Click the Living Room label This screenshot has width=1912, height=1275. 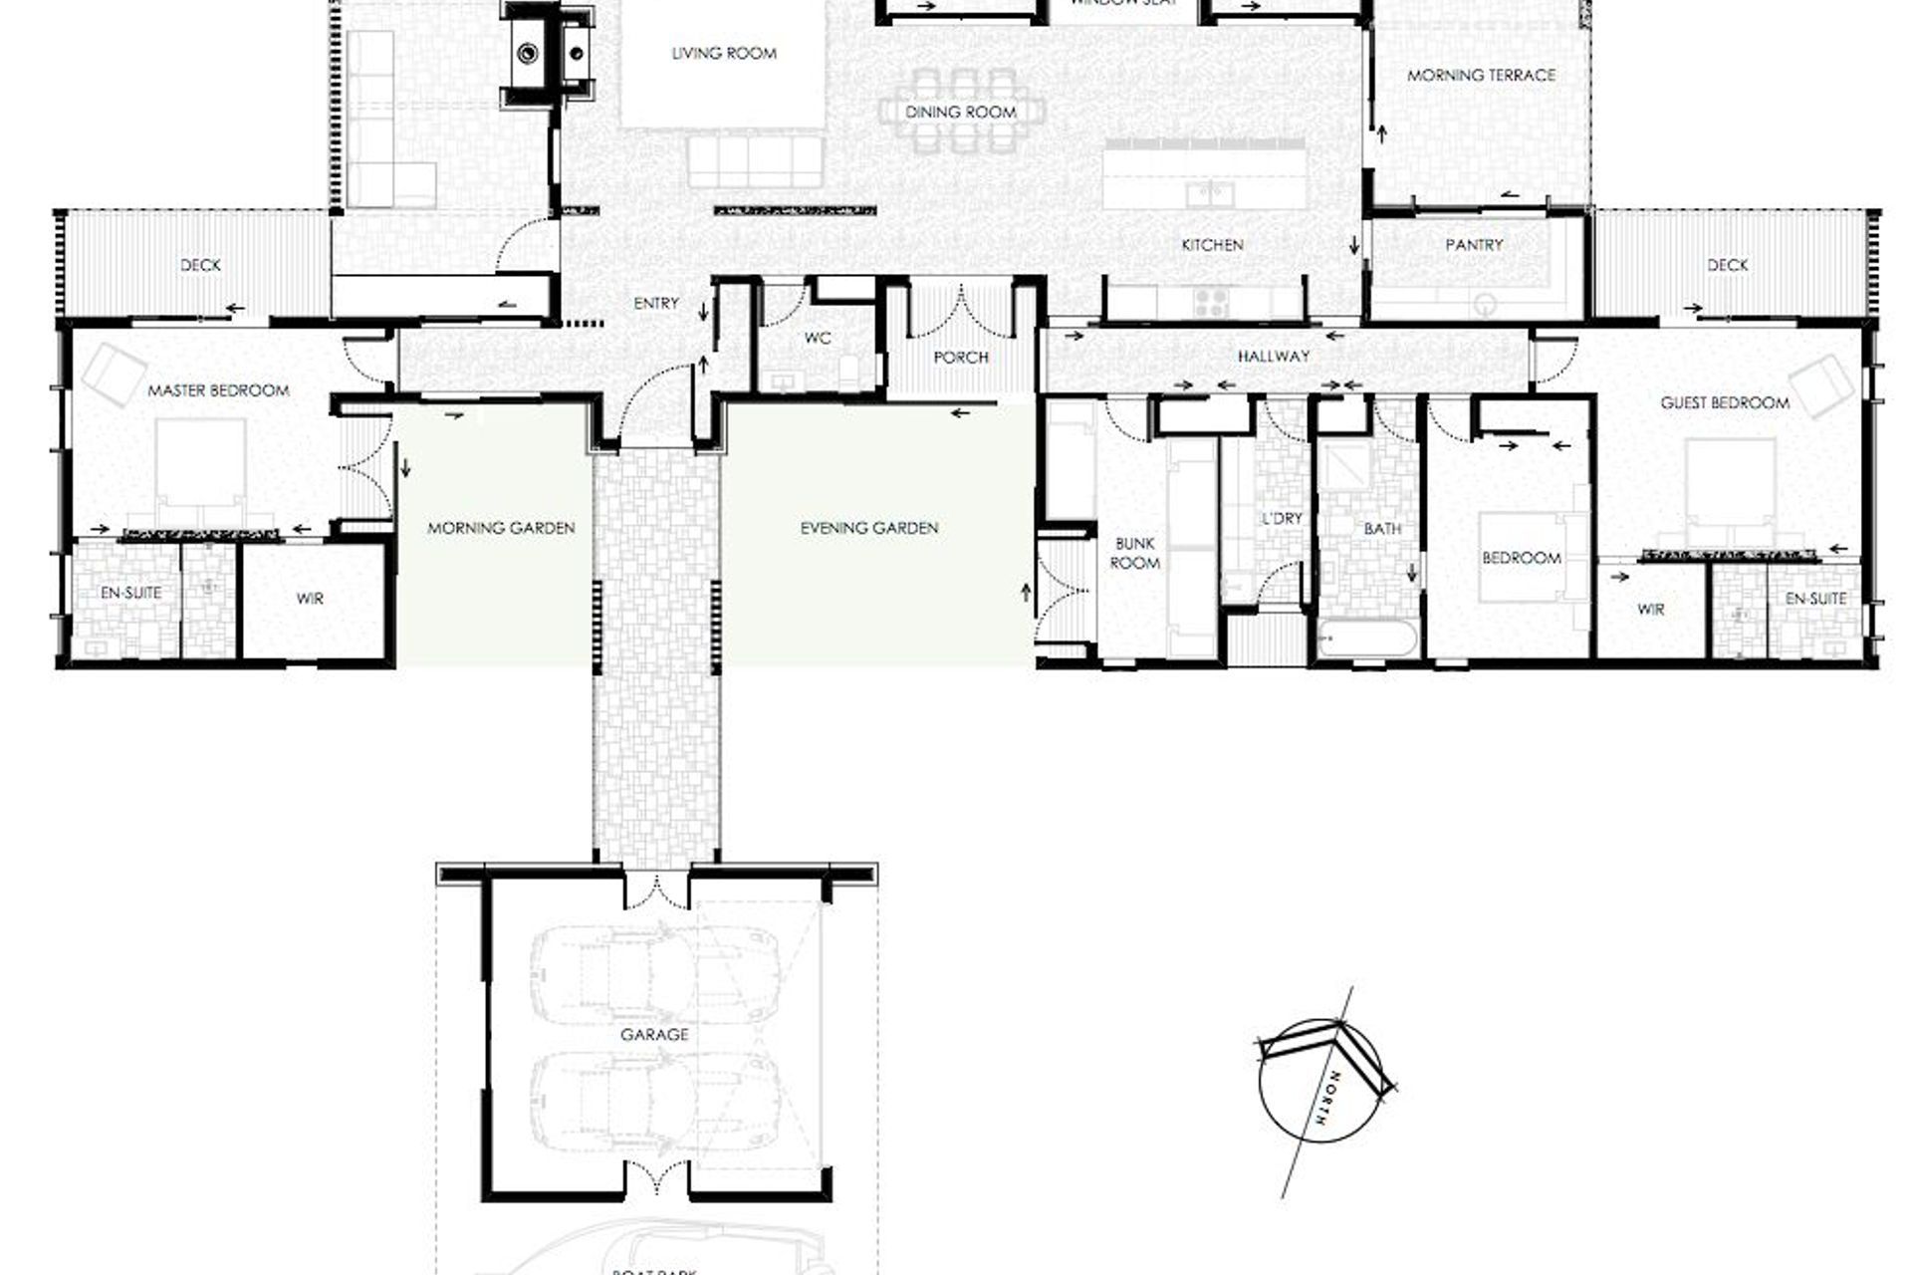pyautogui.click(x=724, y=54)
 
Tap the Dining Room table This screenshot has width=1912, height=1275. pyautogui.click(x=961, y=112)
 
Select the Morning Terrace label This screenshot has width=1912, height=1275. pyautogui.click(x=1481, y=75)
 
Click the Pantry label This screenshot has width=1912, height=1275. pyautogui.click(x=1474, y=245)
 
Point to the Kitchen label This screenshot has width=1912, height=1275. pyautogui.click(x=1212, y=245)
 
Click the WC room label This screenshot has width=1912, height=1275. pyautogui.click(x=818, y=339)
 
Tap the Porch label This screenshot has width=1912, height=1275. pyautogui.click(x=961, y=357)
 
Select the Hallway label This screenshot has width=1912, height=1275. pyautogui.click(x=1274, y=356)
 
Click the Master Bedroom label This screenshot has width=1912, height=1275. pyautogui.click(x=218, y=390)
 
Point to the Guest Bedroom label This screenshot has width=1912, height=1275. pyautogui.click(x=1725, y=403)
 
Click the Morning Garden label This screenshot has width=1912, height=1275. pyautogui.click(x=501, y=528)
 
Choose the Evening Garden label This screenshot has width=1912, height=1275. pyautogui.click(x=869, y=528)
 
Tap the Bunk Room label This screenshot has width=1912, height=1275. pyautogui.click(x=1134, y=554)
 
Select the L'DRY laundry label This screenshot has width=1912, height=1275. pyautogui.click(x=1282, y=519)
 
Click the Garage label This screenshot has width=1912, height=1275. pyautogui.click(x=654, y=1035)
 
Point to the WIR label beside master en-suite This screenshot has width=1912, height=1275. pyautogui.click(x=310, y=600)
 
